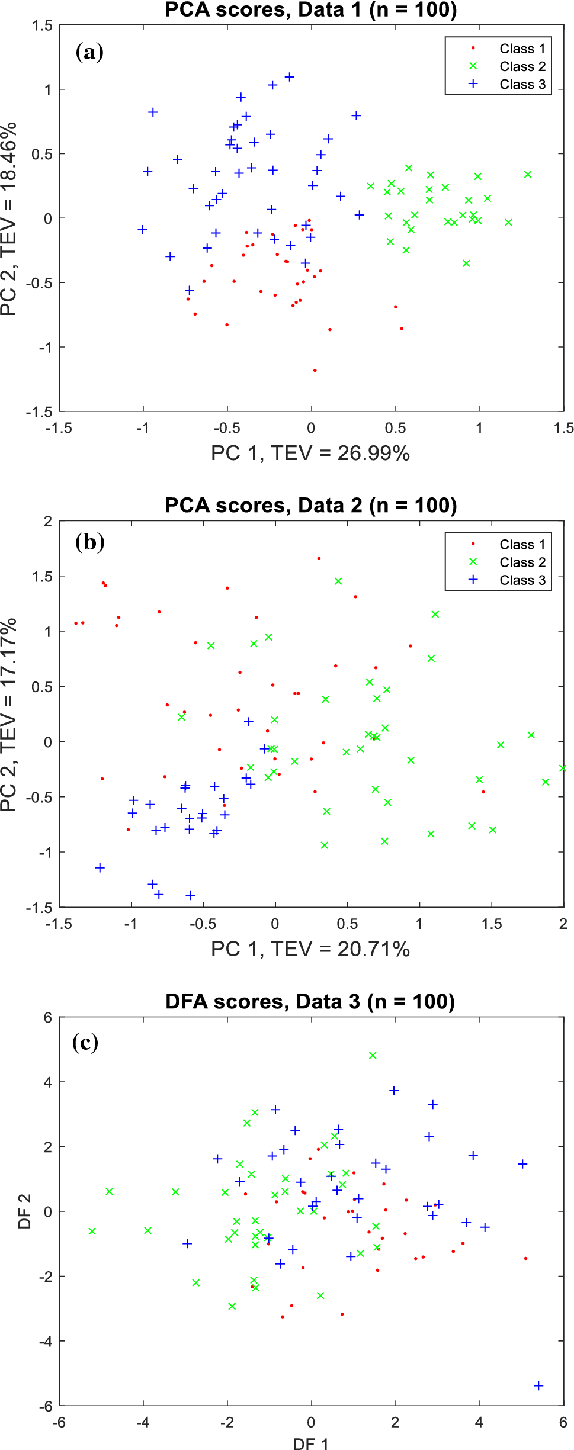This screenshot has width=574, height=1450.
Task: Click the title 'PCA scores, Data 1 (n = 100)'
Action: (310, 10)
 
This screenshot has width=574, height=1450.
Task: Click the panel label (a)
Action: (89, 52)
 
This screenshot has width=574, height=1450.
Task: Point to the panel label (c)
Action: (85, 1042)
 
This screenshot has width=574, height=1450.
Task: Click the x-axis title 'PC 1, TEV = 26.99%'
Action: (310, 454)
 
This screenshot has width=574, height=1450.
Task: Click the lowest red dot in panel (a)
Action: (315, 371)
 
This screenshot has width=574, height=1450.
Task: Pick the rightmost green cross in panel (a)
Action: (528, 175)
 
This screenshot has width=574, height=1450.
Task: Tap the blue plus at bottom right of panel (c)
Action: (538, 1386)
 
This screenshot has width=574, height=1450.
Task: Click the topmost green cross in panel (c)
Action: (373, 1056)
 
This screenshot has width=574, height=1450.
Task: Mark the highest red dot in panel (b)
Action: (319, 558)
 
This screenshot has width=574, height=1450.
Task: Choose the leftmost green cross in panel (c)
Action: (92, 1232)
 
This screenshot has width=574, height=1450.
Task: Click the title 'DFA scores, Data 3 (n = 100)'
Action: (310, 1002)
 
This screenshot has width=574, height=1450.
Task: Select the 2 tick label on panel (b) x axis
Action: (563, 924)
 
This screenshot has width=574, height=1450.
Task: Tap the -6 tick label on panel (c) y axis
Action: (45, 1406)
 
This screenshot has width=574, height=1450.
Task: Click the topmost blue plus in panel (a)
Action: (290, 77)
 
